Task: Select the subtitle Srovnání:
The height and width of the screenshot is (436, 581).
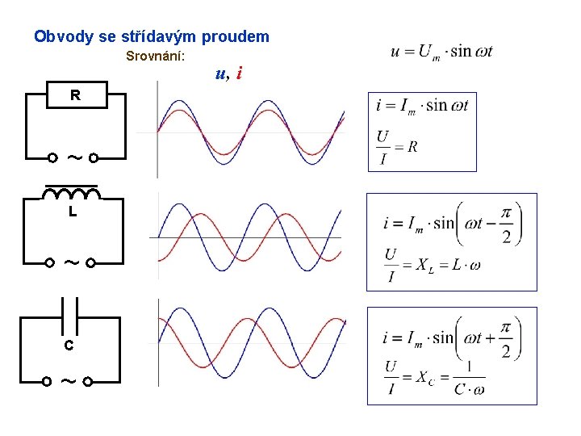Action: [x=156, y=57]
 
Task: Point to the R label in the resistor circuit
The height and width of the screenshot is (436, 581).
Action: [x=75, y=95]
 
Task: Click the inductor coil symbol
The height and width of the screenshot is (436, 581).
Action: [x=72, y=194]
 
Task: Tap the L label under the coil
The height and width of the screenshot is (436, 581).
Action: [x=73, y=213]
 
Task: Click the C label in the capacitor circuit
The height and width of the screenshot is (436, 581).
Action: [x=69, y=346]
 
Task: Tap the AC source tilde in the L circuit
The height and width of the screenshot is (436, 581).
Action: [x=70, y=262]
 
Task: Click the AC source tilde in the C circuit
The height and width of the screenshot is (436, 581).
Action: [x=67, y=380]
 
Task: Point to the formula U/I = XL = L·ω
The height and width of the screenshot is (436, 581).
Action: [x=432, y=265]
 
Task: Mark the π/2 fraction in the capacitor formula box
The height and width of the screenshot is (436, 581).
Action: [x=506, y=337]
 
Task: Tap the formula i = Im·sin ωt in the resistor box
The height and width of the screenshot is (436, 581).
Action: [x=422, y=106]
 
